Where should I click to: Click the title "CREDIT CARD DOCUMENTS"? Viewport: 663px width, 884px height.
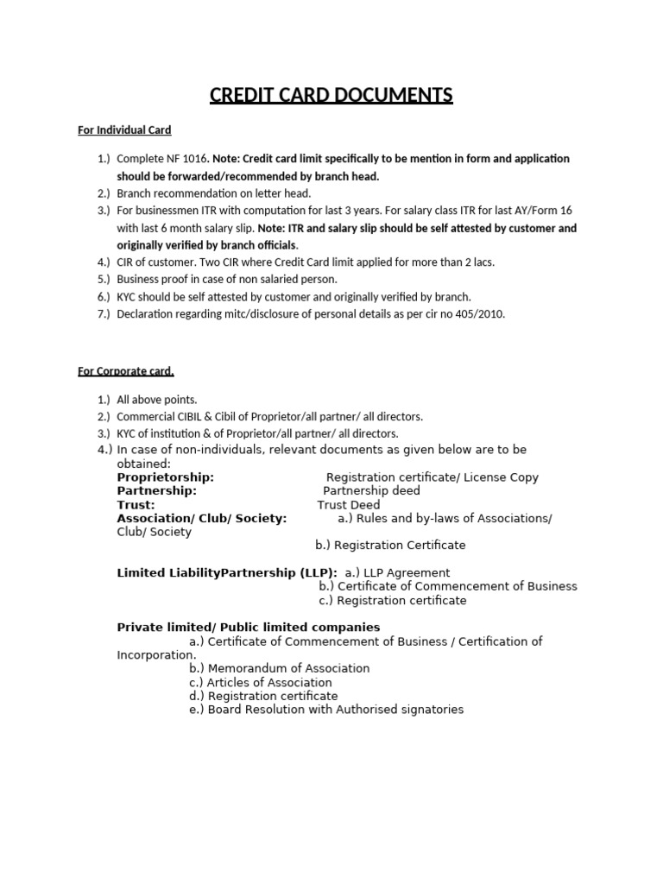pyautogui.click(x=331, y=94)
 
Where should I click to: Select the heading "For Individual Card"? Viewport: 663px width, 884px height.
pyautogui.click(x=124, y=130)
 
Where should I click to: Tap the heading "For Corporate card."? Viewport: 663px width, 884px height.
pyautogui.click(x=126, y=372)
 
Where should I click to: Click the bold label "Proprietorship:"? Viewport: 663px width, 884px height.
pyautogui.click(x=166, y=477)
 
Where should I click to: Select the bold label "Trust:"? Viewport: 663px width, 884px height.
pyautogui.click(x=136, y=505)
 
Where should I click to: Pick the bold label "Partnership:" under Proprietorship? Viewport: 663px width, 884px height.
pyautogui.click(x=157, y=491)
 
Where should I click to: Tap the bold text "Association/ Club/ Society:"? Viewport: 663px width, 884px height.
pyautogui.click(x=202, y=519)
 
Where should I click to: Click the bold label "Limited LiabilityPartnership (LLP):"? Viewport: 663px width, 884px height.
pyautogui.click(x=227, y=572)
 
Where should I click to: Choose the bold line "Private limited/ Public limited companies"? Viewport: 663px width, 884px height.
pyautogui.click(x=249, y=628)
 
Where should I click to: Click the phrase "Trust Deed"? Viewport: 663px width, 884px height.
pyautogui.click(x=349, y=505)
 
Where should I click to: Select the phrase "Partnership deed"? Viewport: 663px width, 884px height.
pyautogui.click(x=371, y=491)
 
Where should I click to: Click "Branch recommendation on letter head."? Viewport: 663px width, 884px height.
pyautogui.click(x=213, y=193)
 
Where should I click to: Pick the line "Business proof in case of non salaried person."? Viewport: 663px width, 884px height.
pyautogui.click(x=226, y=280)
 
